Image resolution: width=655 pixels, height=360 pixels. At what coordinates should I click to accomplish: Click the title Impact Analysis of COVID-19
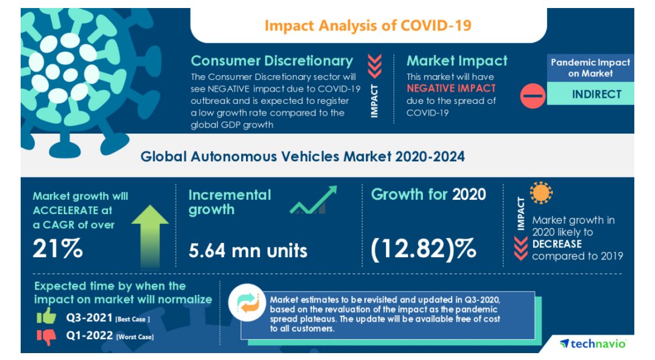[368, 26]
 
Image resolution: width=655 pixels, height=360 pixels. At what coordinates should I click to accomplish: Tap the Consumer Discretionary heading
[272, 61]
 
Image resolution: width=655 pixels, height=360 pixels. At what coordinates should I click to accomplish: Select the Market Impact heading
[457, 61]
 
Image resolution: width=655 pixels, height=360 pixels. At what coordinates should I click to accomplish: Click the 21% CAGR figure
[57, 249]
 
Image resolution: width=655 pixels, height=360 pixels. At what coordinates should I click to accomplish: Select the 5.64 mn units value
[248, 250]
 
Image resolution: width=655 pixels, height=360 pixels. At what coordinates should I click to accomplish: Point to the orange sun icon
[541, 193]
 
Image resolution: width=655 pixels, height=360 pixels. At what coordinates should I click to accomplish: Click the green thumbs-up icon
[47, 317]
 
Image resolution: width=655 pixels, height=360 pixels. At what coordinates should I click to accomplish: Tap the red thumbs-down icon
[47, 337]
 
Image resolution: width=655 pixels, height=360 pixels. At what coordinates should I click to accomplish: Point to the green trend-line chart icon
[313, 200]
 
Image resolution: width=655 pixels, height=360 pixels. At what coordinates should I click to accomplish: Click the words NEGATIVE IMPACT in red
[451, 88]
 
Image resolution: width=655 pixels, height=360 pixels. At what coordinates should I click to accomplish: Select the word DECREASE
[557, 244]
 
